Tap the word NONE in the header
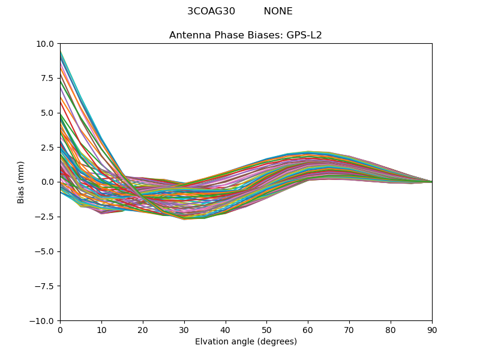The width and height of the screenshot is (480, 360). click(x=278, y=11)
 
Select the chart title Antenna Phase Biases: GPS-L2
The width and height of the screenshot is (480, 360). click(x=245, y=35)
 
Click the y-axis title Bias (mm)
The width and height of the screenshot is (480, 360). click(x=21, y=182)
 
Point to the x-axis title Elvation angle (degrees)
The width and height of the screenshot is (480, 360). click(x=246, y=342)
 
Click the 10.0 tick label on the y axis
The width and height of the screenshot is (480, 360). click(x=45, y=44)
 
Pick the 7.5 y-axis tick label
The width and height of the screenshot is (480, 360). click(x=47, y=78)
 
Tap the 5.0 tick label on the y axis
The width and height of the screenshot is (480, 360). click(x=47, y=113)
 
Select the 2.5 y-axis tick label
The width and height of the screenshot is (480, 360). click(x=47, y=147)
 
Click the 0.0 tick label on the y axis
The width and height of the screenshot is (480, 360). click(x=47, y=182)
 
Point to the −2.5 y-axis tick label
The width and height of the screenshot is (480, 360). click(x=44, y=217)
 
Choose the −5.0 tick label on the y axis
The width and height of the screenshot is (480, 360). click(x=44, y=251)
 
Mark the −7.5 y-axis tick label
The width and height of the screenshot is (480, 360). click(x=44, y=286)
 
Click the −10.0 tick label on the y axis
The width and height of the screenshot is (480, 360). click(x=42, y=320)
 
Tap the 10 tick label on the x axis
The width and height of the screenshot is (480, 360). click(x=101, y=330)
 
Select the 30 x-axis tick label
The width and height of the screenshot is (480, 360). click(x=184, y=330)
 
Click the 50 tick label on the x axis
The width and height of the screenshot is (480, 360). click(x=266, y=330)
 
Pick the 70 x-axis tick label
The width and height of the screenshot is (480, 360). click(x=349, y=330)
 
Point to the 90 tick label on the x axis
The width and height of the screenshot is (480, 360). click(x=432, y=330)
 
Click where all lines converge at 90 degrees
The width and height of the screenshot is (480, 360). click(x=431, y=182)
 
